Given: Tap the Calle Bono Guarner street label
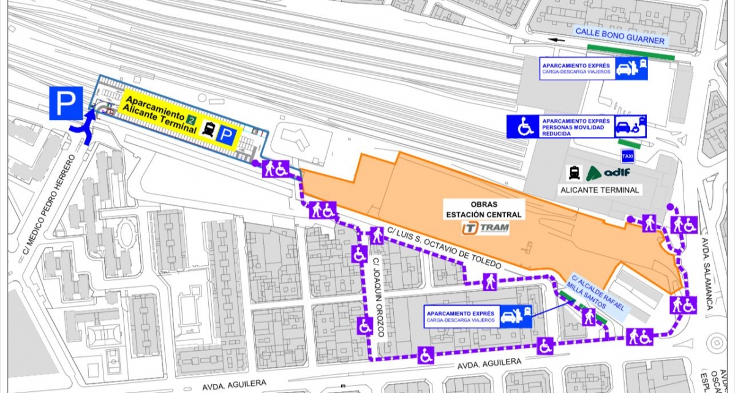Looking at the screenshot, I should pyautogui.click(x=619, y=36).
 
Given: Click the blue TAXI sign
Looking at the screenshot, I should pyautogui.click(x=627, y=155).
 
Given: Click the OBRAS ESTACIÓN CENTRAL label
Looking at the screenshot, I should pyautogui.click(x=484, y=210).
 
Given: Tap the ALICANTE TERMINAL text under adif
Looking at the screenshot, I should pyautogui.click(x=600, y=190).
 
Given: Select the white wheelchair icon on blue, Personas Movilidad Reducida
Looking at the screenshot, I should pyautogui.click(x=523, y=127).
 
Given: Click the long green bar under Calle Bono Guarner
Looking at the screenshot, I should pyautogui.click(x=630, y=51).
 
